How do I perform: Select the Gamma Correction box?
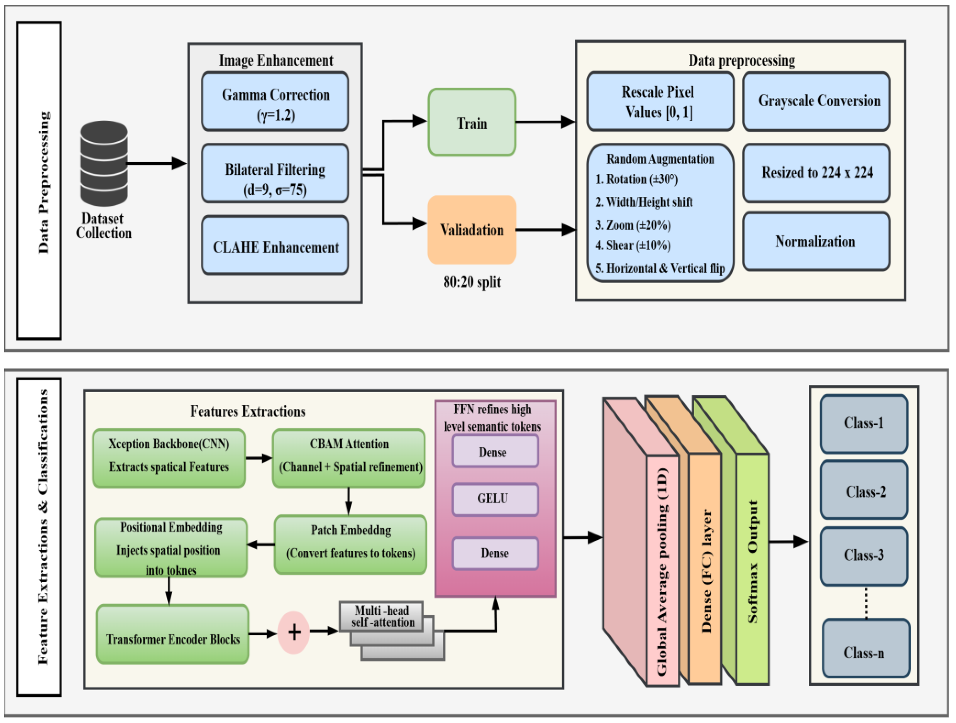(275, 101)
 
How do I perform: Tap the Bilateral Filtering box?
(275, 173)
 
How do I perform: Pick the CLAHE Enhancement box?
(275, 246)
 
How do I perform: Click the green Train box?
(472, 122)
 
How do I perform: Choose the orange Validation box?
(472, 229)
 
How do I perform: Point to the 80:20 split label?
(472, 282)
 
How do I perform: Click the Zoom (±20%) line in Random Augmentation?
(633, 225)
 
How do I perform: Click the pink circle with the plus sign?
(294, 632)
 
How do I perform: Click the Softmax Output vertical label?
(753, 562)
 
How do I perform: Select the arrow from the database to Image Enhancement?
(155, 163)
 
